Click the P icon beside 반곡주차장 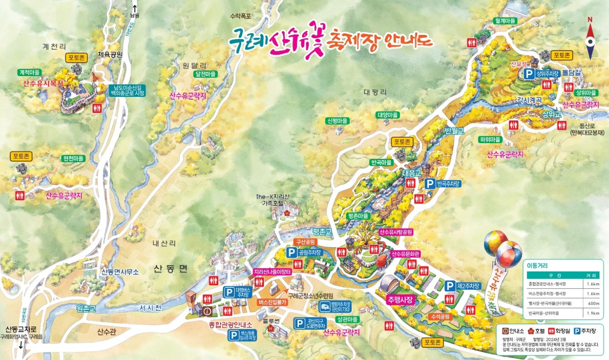click(430, 183)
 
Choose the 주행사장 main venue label click(400, 300)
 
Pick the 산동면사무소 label click(120, 272)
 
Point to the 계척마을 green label click(29, 72)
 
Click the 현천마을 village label click(73, 158)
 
